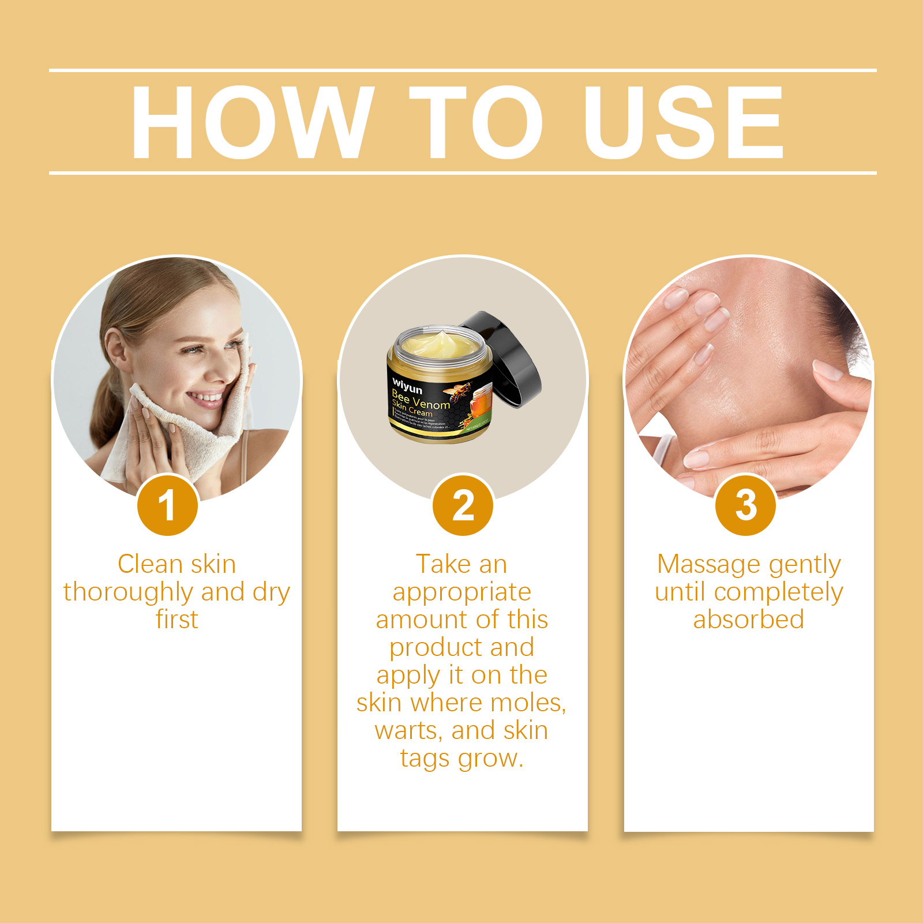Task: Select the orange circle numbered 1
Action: pos(167,505)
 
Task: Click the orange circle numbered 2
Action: pos(463,505)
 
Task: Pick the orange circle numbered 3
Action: pos(745,505)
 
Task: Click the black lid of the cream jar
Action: pos(511,358)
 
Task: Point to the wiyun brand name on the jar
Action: pos(407,385)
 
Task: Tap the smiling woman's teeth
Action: pos(205,397)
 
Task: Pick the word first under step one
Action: pos(177,620)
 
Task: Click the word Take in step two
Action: pos(442,564)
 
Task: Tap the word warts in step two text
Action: pos(408,731)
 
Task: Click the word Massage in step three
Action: pos(708,564)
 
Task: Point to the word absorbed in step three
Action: pos(748,620)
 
